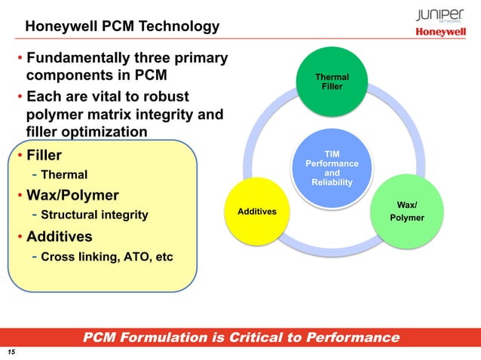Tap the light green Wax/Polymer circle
[408, 211]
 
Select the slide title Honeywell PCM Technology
[122, 27]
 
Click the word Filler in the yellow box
[44, 157]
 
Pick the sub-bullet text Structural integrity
[94, 216]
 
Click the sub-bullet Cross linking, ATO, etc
[106, 256]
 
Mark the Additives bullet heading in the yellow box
[60, 236]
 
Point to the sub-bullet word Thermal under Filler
[64, 175]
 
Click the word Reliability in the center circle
[332, 183]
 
